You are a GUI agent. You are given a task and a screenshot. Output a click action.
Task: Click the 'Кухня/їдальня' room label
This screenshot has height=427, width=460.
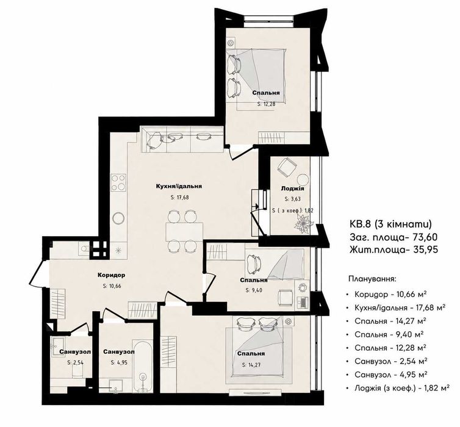(179, 186)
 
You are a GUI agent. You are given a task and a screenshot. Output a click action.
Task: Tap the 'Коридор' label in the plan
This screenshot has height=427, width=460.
(112, 275)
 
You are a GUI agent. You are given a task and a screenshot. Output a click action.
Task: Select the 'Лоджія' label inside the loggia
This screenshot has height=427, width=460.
(292, 188)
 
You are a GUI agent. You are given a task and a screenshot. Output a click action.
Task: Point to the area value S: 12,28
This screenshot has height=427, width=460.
(267, 104)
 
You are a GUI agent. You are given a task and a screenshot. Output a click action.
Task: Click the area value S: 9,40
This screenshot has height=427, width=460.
(254, 290)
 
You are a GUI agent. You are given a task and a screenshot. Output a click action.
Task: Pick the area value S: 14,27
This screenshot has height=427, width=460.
(251, 365)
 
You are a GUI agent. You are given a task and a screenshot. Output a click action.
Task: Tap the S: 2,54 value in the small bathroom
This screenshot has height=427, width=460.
(76, 362)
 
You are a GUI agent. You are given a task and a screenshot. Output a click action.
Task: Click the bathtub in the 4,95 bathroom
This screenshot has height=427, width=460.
(143, 366)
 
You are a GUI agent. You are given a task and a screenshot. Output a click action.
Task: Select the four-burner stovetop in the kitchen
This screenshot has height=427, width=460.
(118, 182)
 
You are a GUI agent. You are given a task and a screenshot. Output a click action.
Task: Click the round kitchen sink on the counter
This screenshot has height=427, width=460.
(118, 218)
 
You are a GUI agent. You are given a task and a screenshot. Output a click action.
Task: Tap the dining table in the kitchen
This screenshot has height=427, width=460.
(184, 232)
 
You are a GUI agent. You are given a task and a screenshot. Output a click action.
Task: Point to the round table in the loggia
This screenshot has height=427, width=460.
(303, 179)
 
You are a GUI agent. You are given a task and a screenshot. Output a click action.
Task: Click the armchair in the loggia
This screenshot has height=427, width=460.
(287, 167)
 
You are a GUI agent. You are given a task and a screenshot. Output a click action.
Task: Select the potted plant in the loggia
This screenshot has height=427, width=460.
(303, 223)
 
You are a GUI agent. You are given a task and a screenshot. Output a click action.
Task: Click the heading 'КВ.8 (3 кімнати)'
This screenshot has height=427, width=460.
(390, 224)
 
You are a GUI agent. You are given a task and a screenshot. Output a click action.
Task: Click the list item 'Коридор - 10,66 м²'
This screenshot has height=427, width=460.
(390, 294)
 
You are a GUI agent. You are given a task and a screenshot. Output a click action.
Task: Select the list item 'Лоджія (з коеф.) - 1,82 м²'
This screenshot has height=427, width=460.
(402, 389)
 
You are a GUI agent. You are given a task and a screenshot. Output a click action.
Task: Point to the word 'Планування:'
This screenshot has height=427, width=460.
(372, 278)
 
